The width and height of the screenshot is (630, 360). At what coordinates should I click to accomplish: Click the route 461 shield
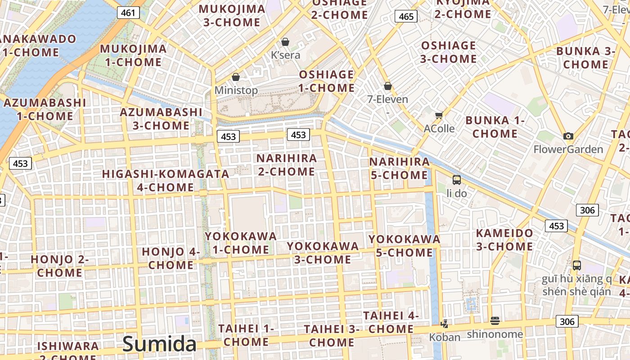128,13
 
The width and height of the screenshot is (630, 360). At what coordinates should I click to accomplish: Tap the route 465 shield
406,17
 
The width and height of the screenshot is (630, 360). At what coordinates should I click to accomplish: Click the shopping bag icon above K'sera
285,42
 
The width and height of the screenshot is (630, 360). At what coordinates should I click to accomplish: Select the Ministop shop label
236,90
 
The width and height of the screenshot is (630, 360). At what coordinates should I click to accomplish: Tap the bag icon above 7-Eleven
388,86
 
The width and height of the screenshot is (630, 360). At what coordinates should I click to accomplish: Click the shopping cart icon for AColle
439,115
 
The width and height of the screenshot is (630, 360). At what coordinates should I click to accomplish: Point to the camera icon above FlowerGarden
568,136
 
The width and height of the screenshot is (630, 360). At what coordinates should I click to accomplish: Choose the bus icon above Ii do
457,180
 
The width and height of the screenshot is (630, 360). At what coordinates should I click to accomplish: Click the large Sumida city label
159,344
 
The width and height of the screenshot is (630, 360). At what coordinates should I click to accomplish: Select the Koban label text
445,337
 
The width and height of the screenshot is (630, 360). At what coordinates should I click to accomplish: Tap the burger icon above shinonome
495,321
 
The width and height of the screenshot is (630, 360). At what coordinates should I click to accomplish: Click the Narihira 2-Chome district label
287,165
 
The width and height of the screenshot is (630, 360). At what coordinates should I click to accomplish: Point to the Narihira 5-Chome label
399,168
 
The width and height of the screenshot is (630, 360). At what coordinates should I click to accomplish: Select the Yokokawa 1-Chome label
241,243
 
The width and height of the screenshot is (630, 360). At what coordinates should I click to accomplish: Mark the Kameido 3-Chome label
504,240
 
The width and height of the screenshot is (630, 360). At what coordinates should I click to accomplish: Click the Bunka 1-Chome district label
495,127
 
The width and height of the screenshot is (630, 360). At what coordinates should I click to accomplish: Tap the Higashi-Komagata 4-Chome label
166,180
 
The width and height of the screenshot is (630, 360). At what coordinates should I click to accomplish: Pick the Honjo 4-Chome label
171,258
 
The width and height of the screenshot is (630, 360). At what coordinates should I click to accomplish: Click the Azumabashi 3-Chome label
161,119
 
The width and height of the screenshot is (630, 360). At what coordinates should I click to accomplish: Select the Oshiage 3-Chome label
449,52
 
